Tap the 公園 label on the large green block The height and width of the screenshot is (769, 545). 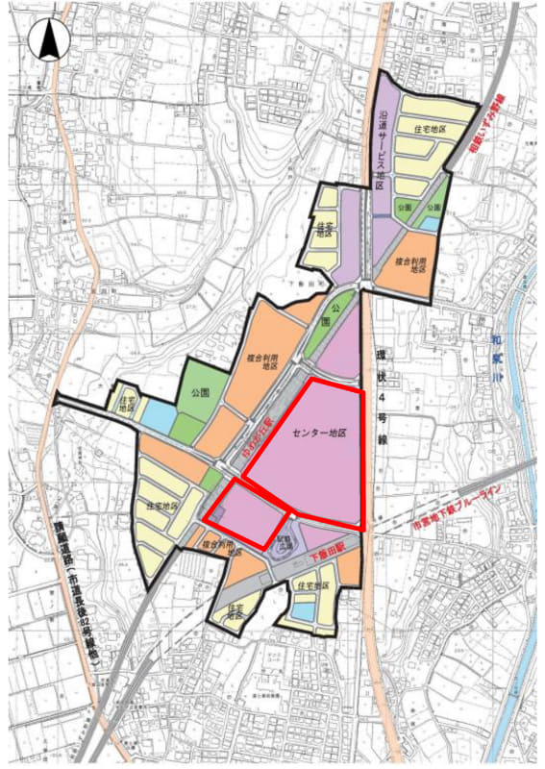coord(200,392)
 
